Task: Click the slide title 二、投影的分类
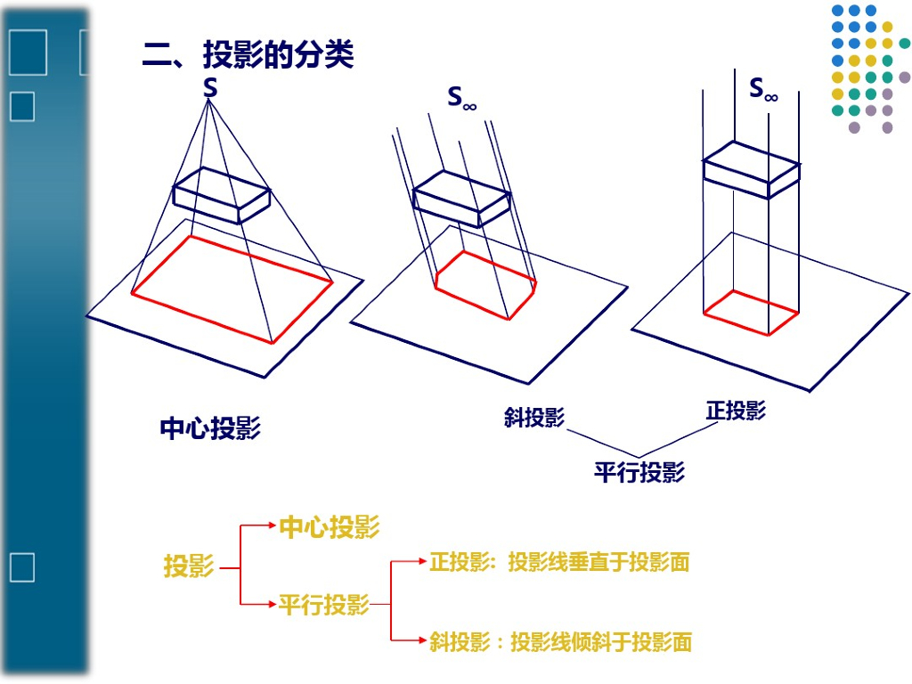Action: pyautogui.click(x=248, y=55)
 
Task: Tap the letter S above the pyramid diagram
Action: pyautogui.click(x=210, y=87)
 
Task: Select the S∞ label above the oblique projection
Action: pyautogui.click(x=461, y=98)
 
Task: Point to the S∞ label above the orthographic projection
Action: pyautogui.click(x=762, y=88)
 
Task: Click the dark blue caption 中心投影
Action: pyautogui.click(x=210, y=428)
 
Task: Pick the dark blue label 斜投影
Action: pyautogui.click(x=533, y=417)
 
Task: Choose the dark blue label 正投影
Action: pyautogui.click(x=736, y=411)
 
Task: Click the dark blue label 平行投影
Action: pyautogui.click(x=639, y=471)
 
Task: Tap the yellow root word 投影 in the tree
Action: pyautogui.click(x=188, y=566)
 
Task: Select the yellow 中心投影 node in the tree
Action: pyautogui.click(x=329, y=526)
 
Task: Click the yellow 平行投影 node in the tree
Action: pyautogui.click(x=323, y=606)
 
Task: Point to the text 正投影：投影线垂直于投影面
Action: pyautogui.click(x=559, y=562)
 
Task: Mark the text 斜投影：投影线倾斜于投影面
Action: pyautogui.click(x=560, y=641)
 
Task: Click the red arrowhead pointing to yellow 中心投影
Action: pyautogui.click(x=272, y=526)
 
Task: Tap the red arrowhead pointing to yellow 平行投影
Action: pyautogui.click(x=272, y=605)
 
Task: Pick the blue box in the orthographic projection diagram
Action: pyautogui.click(x=749, y=170)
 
